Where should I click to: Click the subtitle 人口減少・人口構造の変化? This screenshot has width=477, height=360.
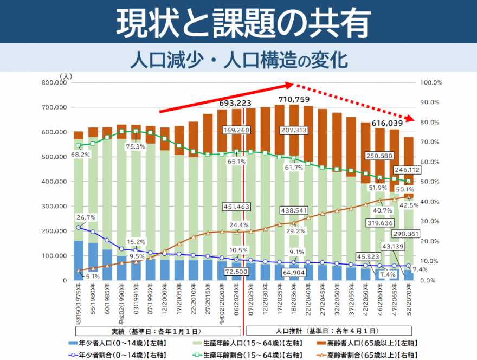click(x=238, y=59)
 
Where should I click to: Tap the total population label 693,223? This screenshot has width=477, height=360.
click(x=235, y=103)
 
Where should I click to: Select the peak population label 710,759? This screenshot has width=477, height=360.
click(x=293, y=99)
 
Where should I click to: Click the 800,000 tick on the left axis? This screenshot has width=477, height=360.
click(x=53, y=83)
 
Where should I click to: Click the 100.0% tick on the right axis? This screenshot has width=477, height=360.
click(x=431, y=83)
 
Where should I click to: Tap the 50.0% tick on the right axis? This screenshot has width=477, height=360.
click(x=431, y=182)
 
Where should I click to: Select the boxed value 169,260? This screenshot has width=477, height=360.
click(x=235, y=131)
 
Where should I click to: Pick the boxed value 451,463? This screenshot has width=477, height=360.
click(x=235, y=207)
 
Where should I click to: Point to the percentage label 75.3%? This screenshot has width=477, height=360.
click(x=136, y=146)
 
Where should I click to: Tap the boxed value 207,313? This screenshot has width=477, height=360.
click(x=294, y=131)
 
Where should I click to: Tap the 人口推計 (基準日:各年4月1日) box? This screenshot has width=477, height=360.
click(x=331, y=330)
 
